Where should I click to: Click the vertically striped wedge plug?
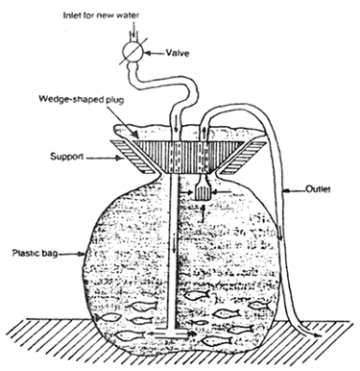point(179,153)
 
